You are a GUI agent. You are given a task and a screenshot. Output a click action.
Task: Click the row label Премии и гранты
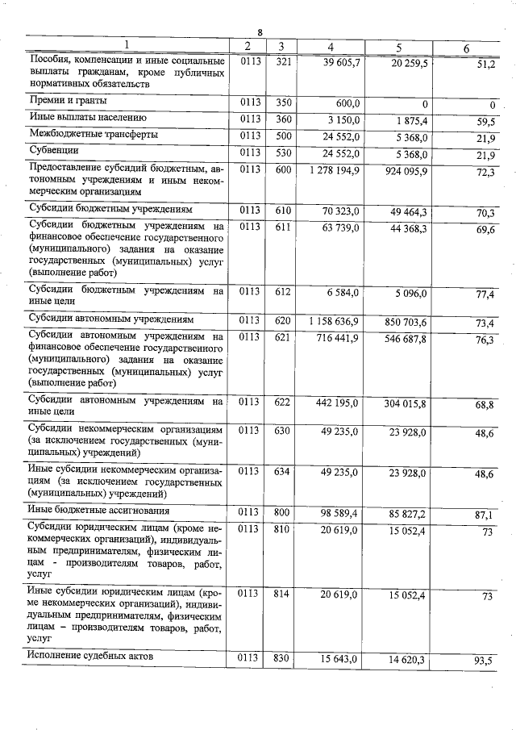click(69, 102)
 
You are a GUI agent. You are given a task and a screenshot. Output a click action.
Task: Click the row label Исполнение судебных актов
click(89, 656)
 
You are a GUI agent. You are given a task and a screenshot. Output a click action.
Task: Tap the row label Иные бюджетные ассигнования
click(98, 510)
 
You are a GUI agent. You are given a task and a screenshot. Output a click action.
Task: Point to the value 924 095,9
click(399, 171)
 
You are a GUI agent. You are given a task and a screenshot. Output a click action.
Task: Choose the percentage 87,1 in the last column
click(484, 513)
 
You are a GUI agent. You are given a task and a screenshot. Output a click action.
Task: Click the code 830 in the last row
click(281, 658)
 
